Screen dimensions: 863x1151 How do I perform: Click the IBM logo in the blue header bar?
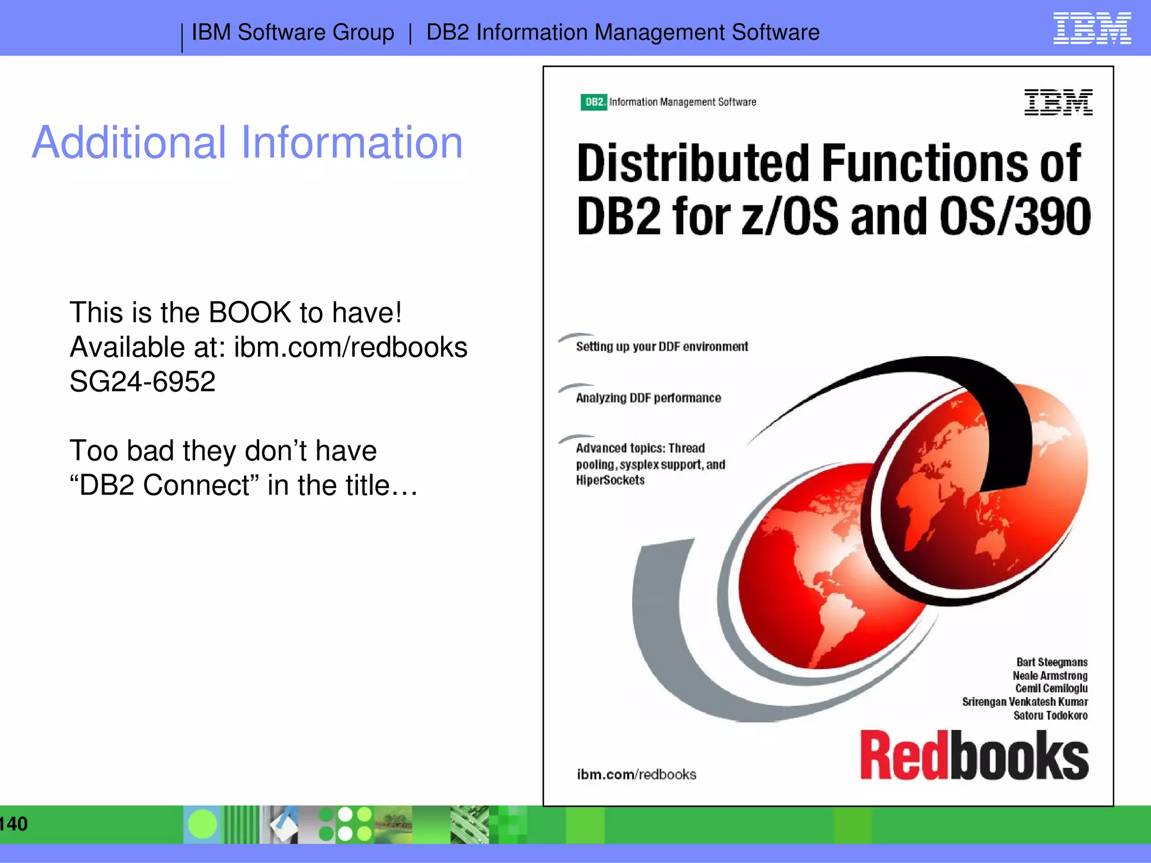(1091, 28)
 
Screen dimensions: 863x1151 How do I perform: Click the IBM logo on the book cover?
(1058, 102)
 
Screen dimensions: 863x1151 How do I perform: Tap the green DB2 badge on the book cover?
(593, 102)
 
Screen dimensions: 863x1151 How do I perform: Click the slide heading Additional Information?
(247, 143)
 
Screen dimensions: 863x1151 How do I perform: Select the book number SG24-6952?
(142, 382)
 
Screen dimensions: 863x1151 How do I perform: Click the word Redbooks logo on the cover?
(973, 756)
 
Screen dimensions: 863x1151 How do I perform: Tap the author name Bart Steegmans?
(1052, 662)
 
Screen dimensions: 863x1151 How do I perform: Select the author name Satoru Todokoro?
(1050, 716)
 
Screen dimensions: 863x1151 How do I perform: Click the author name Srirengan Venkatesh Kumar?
(1025, 702)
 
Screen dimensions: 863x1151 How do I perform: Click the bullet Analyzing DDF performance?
(648, 398)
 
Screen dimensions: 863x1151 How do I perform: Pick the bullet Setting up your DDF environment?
(661, 347)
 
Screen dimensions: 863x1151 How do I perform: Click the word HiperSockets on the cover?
(610, 480)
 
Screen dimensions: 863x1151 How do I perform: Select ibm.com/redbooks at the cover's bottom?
(636, 775)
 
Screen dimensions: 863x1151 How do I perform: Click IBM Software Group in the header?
(293, 33)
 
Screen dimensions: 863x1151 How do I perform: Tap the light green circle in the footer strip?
(202, 824)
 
